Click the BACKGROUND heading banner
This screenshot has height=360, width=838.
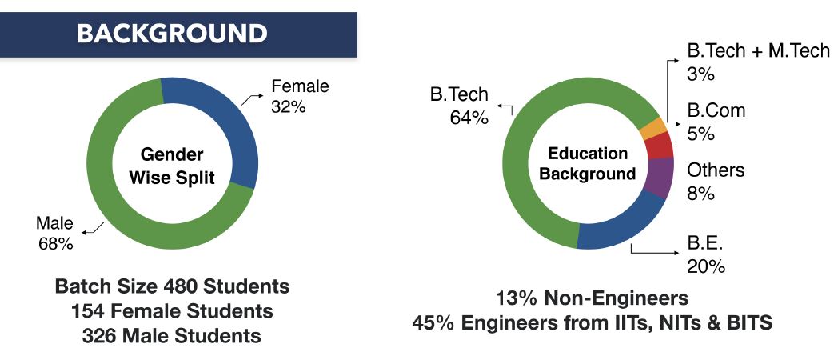pyautogui.click(x=171, y=33)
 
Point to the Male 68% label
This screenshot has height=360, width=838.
pyautogui.click(x=55, y=233)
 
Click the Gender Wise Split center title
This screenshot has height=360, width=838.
pyautogui.click(x=172, y=166)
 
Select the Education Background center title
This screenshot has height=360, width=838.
pyautogui.click(x=587, y=164)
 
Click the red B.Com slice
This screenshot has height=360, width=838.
pyautogui.click(x=659, y=146)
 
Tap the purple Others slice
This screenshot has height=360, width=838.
pyautogui.click(x=656, y=178)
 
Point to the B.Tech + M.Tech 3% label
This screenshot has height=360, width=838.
pyautogui.click(x=748, y=62)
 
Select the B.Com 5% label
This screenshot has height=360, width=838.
pyautogui.click(x=716, y=122)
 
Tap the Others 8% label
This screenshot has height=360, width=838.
pyautogui.click(x=715, y=182)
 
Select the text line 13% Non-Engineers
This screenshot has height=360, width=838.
pyautogui.click(x=592, y=298)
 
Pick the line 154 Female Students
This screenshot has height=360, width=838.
pyautogui.click(x=171, y=311)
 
